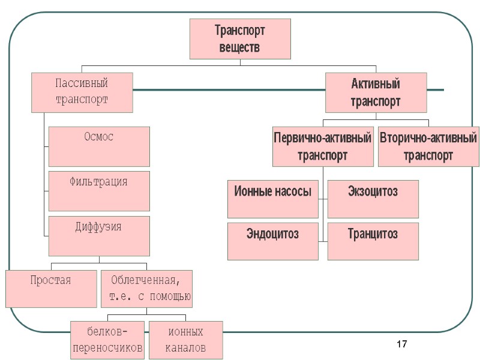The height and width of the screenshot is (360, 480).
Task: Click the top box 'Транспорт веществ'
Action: tap(240, 39)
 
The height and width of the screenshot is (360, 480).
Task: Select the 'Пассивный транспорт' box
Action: tap(82, 92)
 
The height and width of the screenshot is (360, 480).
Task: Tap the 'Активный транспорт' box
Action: tap(376, 92)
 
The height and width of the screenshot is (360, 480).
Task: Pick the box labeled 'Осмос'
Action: tap(99, 146)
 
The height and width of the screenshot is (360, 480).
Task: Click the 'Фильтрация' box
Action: tap(99, 190)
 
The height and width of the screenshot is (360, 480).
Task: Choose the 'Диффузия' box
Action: tap(99, 236)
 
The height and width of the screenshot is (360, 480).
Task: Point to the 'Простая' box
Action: tap(51, 288)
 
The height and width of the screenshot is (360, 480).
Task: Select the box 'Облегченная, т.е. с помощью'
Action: tap(147, 288)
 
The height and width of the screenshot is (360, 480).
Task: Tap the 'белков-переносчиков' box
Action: tap(107, 340)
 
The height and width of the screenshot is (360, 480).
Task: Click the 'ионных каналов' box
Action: tap(185, 340)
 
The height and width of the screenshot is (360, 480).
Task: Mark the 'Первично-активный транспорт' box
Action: tap(323, 146)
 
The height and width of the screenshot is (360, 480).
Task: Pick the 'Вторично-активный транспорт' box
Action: tap(428, 146)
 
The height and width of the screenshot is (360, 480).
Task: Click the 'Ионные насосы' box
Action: tap(273, 199)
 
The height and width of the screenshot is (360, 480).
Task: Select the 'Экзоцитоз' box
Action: tap(373, 199)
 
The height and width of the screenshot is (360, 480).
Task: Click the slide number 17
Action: tap(402, 344)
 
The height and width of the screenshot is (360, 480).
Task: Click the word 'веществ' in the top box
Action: tap(240, 47)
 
